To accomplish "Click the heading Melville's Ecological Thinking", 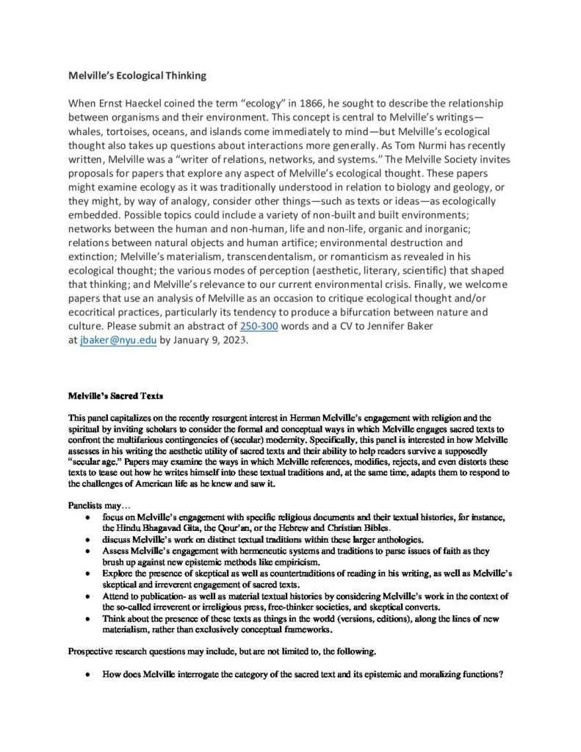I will (x=137, y=76).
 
